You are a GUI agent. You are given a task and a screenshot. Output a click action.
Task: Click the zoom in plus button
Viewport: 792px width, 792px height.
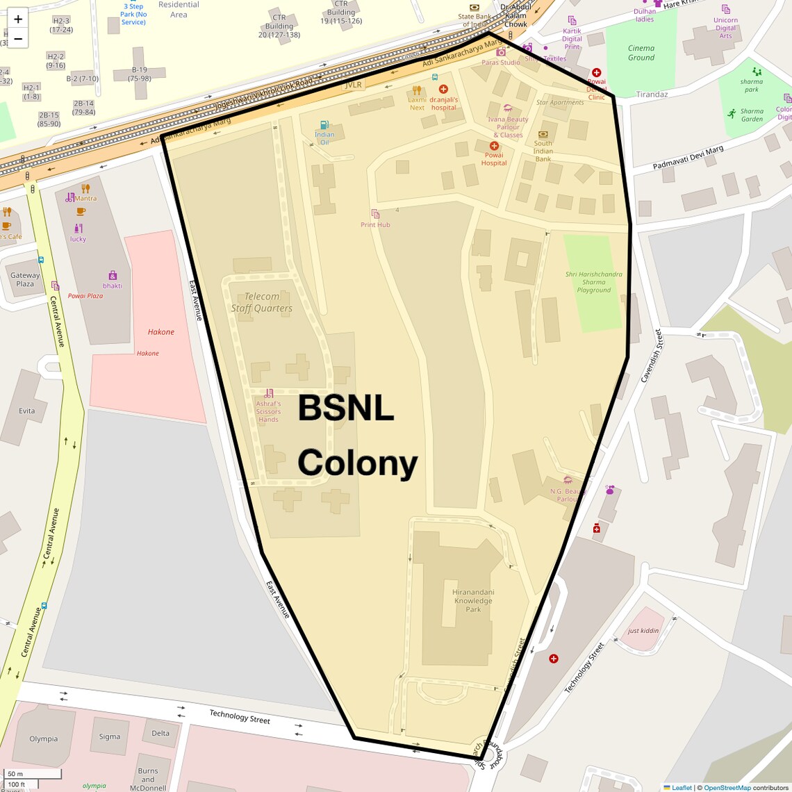pyautogui.click(x=18, y=19)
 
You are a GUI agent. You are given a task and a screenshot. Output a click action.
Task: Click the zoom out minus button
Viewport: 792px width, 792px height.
pyautogui.click(x=18, y=39)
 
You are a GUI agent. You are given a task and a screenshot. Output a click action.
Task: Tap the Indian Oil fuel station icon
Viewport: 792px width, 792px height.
pyautogui.click(x=324, y=125)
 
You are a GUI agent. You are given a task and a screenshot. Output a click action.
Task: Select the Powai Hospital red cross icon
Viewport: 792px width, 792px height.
pyautogui.click(x=494, y=146)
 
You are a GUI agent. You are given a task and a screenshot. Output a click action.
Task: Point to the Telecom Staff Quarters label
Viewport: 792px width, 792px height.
pyautogui.click(x=262, y=302)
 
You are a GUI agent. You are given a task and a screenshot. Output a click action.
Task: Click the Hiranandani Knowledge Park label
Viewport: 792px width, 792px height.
pyautogui.click(x=473, y=601)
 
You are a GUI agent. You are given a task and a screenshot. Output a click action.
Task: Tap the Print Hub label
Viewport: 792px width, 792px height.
pyautogui.click(x=375, y=224)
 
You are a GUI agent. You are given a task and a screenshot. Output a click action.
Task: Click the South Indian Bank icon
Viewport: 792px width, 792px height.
pyautogui.click(x=543, y=134)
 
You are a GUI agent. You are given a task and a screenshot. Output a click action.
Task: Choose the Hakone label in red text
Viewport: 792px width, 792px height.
pyautogui.click(x=161, y=332)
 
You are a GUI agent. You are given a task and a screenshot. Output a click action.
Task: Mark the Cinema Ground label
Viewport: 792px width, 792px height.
pyautogui.click(x=641, y=53)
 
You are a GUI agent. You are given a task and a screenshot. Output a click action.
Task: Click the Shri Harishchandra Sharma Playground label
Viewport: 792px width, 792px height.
pyautogui.click(x=593, y=282)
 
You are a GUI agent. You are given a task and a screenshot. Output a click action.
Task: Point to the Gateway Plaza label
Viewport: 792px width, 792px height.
pyautogui.click(x=25, y=279)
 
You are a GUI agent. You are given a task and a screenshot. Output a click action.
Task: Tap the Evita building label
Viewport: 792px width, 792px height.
pyautogui.click(x=27, y=411)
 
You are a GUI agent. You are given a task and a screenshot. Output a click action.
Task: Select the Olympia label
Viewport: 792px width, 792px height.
pyautogui.click(x=44, y=739)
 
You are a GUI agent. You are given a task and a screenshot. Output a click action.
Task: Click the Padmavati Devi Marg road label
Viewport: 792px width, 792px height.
pyautogui.click(x=688, y=158)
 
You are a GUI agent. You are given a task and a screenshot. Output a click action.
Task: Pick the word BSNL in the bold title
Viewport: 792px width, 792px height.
pyautogui.click(x=346, y=409)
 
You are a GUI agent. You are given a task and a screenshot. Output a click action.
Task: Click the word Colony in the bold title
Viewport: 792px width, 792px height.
pyautogui.click(x=358, y=463)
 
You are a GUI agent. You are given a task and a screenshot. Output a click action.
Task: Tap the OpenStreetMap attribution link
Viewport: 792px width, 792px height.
pyautogui.click(x=727, y=788)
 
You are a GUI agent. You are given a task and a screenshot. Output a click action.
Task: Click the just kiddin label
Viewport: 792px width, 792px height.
pyautogui.click(x=643, y=631)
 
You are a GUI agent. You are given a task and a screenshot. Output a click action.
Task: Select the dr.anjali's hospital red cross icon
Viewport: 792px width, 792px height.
pyautogui.click(x=443, y=89)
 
